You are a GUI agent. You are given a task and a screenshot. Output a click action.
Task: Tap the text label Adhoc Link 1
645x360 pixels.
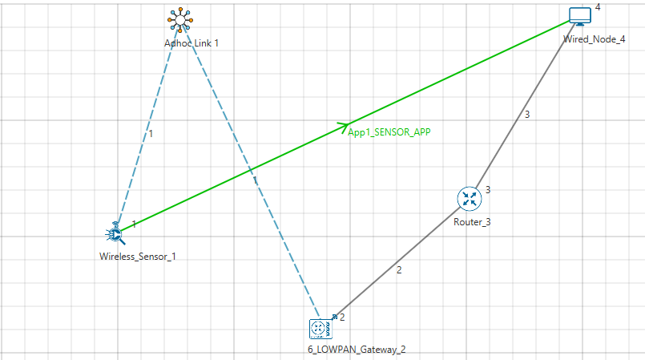pyautogui.click(x=191, y=43)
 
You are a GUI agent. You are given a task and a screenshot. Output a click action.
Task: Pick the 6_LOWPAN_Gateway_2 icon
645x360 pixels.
pyautogui.click(x=320, y=329)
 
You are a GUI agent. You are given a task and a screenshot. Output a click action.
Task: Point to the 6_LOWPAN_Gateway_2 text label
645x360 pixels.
pyautogui.click(x=350, y=350)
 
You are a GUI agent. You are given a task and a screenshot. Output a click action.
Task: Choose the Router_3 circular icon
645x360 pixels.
pyautogui.click(x=469, y=198)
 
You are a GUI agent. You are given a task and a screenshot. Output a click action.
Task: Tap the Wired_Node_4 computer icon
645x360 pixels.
pyautogui.click(x=579, y=16)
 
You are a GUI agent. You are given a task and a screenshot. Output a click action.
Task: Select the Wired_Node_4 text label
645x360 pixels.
pyautogui.click(x=594, y=38)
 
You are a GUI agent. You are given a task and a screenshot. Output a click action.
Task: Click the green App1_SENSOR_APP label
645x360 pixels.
pyautogui.click(x=389, y=132)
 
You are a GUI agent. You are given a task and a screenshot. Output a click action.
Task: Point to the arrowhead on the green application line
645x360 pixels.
pyautogui.click(x=343, y=126)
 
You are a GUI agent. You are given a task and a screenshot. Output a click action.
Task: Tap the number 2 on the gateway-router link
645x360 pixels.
pyautogui.click(x=400, y=269)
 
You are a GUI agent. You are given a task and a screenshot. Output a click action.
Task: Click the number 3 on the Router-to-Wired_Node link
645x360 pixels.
pyautogui.click(x=526, y=115)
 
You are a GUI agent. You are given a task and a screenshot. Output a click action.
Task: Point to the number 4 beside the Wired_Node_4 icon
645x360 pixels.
pyautogui.click(x=597, y=7)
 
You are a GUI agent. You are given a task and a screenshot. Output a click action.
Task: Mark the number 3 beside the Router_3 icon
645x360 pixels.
pyautogui.click(x=487, y=190)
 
